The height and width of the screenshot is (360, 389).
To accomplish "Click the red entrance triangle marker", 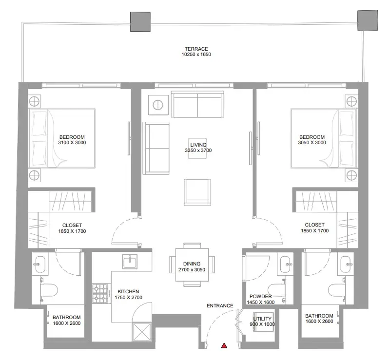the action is click(224, 345).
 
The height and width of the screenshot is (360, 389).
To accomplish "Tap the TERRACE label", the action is click(196, 49).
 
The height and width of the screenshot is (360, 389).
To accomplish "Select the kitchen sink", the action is click(130, 261).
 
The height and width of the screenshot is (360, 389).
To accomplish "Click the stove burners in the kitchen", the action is click(100, 294).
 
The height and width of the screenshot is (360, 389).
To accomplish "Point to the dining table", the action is click(192, 265).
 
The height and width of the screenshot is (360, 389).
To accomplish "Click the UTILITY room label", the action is click(262, 319).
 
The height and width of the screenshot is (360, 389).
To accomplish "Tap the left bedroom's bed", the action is click(62, 138).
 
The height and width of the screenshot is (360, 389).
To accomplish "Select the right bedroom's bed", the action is click(324, 138).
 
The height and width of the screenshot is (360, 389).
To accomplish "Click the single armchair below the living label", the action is click(197, 192).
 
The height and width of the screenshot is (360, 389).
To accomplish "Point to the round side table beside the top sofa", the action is click(158, 105).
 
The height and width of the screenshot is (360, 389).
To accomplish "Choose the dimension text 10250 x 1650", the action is click(196, 55).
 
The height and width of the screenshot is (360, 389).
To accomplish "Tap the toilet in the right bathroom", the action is click(336, 289).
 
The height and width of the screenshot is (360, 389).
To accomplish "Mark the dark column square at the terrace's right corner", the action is click(368, 20).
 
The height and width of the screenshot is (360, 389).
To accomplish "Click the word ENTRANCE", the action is click(220, 306).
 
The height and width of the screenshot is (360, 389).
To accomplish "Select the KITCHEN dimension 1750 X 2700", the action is click(129, 298).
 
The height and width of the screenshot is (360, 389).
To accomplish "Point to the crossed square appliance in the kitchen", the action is click(142, 332).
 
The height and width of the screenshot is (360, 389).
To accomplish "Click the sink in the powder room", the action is click(286, 265).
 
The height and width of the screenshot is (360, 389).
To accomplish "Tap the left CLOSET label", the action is click(72, 226).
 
